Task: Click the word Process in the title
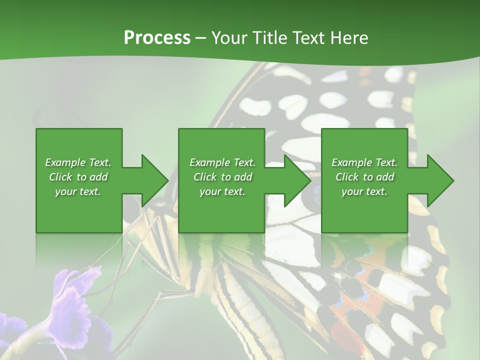pos(157,38)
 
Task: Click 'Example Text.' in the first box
pos(78,162)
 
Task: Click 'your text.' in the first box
pos(78,191)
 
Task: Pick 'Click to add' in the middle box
pos(222,177)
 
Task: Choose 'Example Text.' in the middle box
pos(222,162)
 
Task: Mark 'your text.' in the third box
pos(364,191)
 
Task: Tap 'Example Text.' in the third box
pos(364,162)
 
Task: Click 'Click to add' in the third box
pos(364,177)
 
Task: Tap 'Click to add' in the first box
pos(78,177)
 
